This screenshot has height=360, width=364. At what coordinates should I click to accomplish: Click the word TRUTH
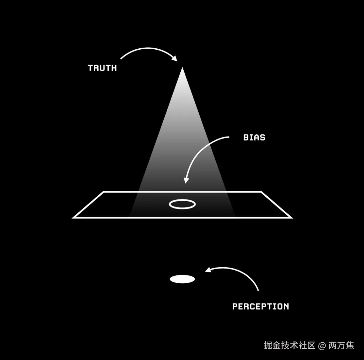pyautogui.click(x=102, y=68)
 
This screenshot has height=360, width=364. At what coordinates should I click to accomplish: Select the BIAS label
pyautogui.click(x=254, y=138)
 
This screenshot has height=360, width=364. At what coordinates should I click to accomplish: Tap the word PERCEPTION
pyautogui.click(x=260, y=306)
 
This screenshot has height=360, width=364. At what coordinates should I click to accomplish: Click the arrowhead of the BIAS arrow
pyautogui.click(x=186, y=180)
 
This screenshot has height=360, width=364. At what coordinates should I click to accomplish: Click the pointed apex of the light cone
pyautogui.click(x=182, y=68)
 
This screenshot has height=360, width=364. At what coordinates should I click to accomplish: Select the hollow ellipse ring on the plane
pyautogui.click(x=182, y=204)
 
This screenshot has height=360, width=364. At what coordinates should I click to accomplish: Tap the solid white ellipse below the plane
pyautogui.click(x=182, y=279)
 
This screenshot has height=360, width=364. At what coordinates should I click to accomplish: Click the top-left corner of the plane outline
pyautogui.click(x=104, y=192)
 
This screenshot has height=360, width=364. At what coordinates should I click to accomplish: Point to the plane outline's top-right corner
pyautogui.click(x=261, y=192)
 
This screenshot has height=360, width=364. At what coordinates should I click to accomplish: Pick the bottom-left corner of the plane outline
pyautogui.click(x=73, y=218)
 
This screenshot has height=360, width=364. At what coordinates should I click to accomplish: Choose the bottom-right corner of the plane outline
pyautogui.click(x=291, y=218)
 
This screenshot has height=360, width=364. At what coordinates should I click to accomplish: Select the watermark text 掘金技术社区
pyautogui.click(x=289, y=345)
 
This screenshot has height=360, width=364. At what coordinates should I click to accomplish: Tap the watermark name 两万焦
pyautogui.click(x=341, y=345)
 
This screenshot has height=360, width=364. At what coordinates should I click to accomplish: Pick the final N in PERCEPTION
pyautogui.click(x=286, y=306)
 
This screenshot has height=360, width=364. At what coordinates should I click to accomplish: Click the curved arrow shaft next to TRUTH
pyautogui.click(x=146, y=50)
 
